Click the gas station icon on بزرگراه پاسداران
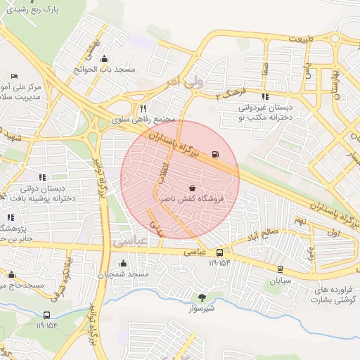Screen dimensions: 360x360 pos(215,153)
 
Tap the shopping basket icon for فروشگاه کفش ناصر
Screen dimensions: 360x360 pos(193,188)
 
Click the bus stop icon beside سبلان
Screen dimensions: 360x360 pos(280,269)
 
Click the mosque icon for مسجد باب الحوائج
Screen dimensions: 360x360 pos(105,59)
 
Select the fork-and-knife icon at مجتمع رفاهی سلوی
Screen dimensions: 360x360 pos(143,109)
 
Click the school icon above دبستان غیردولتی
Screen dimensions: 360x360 pos(265,97)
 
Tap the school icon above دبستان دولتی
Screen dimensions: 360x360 pos(42,177)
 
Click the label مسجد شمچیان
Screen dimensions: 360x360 pos(124,274)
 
